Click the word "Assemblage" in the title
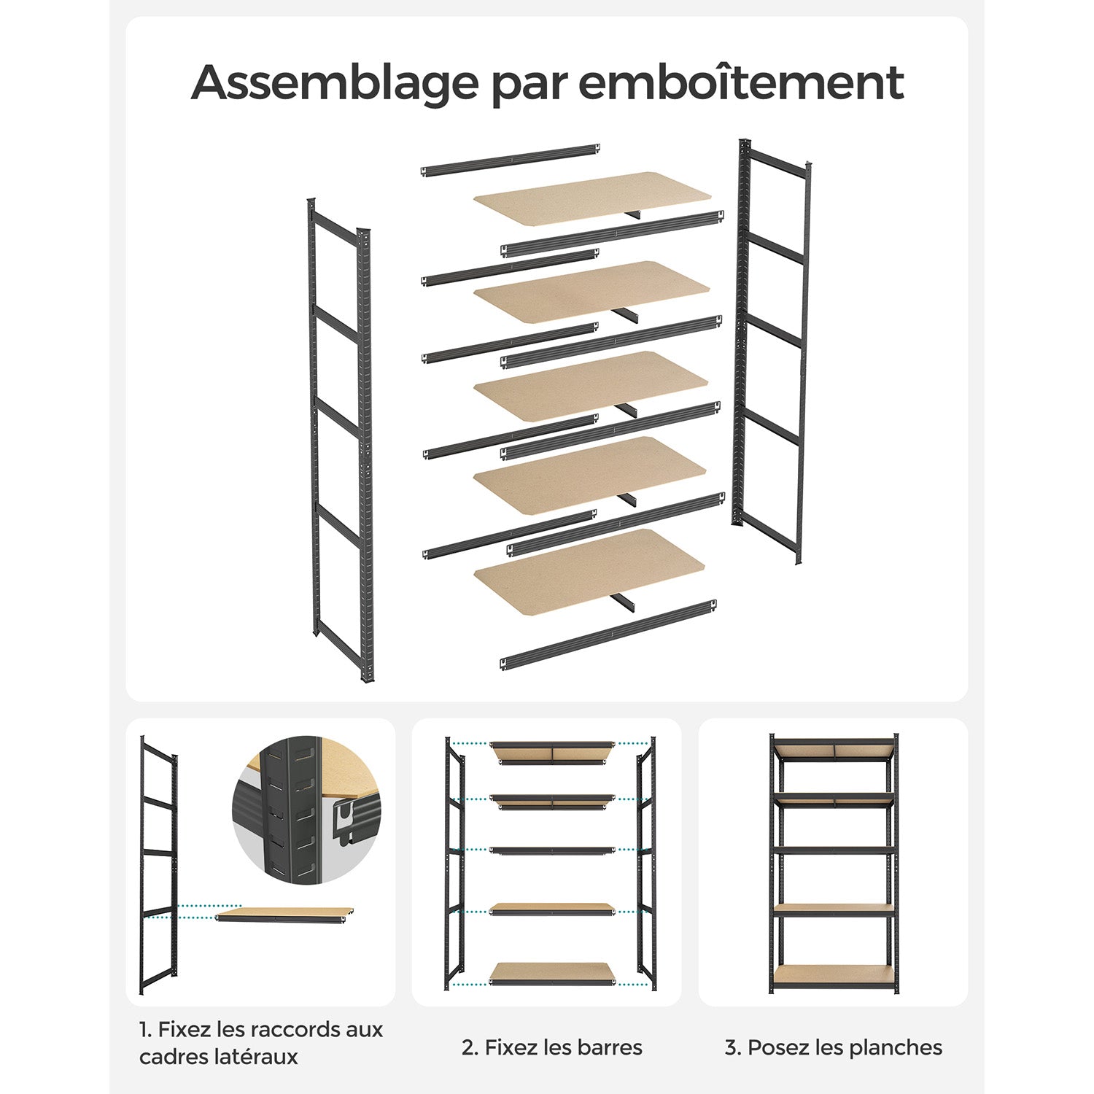click(334, 83)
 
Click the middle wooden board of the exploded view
click(591, 386)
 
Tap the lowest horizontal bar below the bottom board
click(608, 634)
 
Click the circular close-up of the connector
click(307, 810)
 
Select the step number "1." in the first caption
click(145, 1030)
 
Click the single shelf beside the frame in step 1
click(284, 915)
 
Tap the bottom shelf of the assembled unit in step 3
click(834, 976)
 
